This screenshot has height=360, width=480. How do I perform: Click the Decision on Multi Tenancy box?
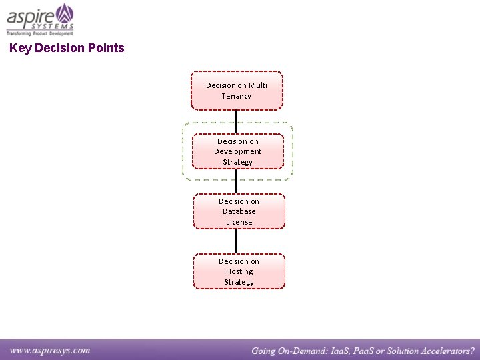click(237, 91)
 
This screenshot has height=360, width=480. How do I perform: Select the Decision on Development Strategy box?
click(237, 151)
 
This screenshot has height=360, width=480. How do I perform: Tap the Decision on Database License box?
click(239, 211)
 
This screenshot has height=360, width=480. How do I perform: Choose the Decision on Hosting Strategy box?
click(239, 271)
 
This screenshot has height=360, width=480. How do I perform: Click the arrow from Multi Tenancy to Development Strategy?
click(237, 122)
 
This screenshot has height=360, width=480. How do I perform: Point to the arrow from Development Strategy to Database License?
click(237, 181)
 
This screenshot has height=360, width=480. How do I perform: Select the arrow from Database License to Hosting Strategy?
click(237, 241)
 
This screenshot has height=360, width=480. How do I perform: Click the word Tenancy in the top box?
click(237, 96)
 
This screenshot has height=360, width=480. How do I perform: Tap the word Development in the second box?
click(237, 151)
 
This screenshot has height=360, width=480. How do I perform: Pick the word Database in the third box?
click(239, 211)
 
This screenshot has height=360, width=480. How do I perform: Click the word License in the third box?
click(239, 222)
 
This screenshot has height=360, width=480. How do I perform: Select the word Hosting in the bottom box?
click(239, 271)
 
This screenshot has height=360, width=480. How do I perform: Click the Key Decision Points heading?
click(67, 48)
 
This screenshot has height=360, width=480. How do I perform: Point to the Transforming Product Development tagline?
click(39, 33)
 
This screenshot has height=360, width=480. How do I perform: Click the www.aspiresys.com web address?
click(50, 350)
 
